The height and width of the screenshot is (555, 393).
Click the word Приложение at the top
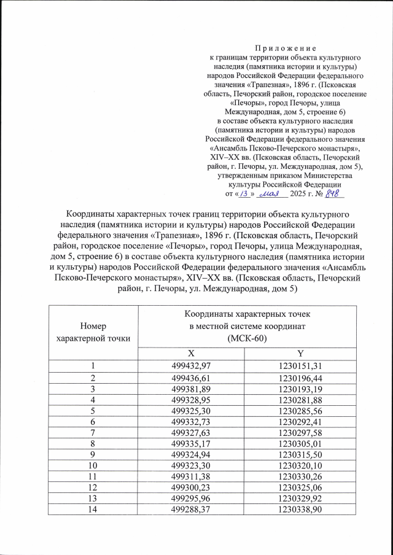coord(285,47)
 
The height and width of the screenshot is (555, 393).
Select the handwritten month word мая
coord(270,194)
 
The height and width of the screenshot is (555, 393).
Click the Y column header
coord(301,354)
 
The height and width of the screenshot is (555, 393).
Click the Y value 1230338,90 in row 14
coord(301,510)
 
